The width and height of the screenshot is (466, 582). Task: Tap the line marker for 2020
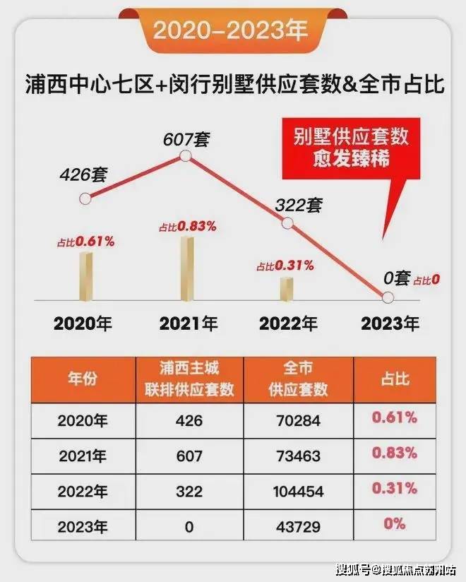[x=85, y=198]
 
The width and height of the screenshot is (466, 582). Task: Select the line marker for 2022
[x=287, y=223]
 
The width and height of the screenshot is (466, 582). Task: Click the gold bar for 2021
[x=186, y=268]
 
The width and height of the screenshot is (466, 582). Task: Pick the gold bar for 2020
[x=86, y=275]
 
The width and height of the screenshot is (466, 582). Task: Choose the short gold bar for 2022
[x=286, y=288]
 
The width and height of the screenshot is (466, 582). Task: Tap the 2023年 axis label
[x=390, y=323]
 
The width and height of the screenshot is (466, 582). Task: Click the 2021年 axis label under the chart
[x=189, y=323]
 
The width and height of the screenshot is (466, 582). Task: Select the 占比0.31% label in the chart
[x=285, y=266]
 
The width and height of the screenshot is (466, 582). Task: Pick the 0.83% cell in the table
[x=395, y=454]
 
